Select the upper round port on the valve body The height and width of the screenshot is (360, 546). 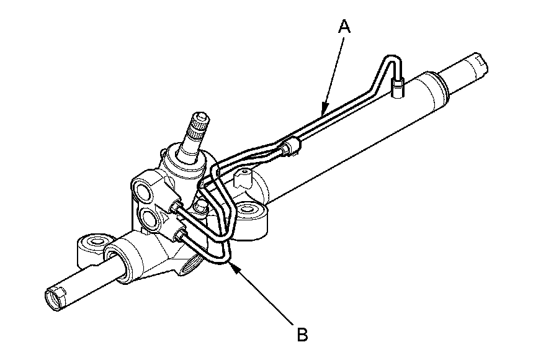(x=142, y=191)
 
